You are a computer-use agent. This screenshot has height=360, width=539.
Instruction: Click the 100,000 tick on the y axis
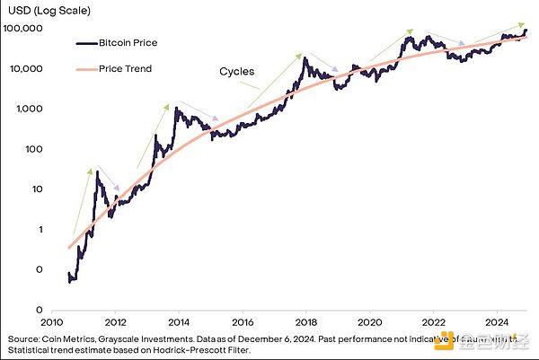[25, 29]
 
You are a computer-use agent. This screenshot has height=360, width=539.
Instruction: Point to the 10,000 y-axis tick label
[27, 69]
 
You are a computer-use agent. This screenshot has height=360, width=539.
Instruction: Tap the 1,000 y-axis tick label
[30, 109]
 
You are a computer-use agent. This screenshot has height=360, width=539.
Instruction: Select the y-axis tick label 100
[33, 149]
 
